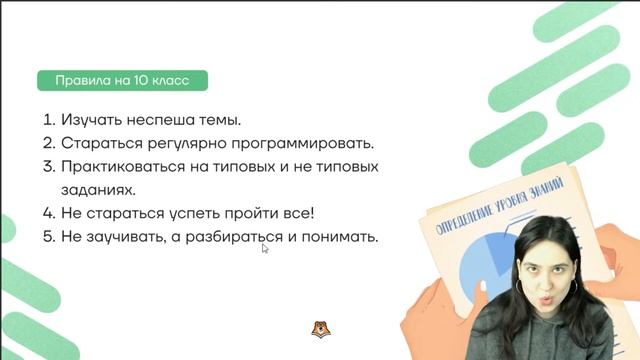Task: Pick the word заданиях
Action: point(98,189)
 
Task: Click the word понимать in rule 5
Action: point(338,237)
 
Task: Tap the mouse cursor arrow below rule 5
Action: point(265,249)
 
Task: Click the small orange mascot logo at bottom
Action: point(321,330)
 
